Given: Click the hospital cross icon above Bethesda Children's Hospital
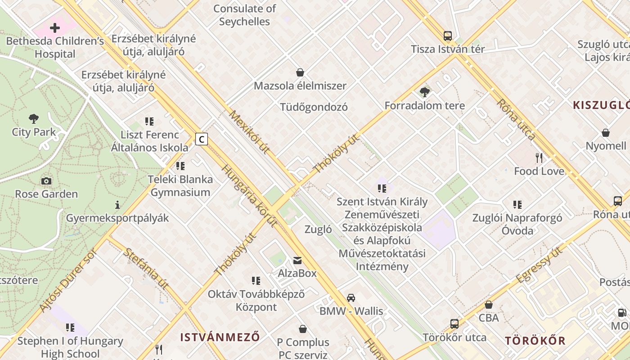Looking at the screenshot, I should click(55, 28).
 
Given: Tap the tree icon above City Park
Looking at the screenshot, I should click(34, 119).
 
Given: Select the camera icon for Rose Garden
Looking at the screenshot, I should click(46, 181).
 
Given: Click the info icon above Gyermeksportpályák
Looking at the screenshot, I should click(117, 205).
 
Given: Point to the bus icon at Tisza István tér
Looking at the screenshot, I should click(447, 36).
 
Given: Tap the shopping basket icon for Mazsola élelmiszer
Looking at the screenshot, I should click(300, 72).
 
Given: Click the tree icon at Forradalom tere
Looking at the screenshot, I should click(424, 93).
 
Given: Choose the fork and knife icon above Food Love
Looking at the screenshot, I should click(539, 157).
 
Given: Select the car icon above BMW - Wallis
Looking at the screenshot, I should click(351, 297).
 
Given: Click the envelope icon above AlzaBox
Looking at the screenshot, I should click(297, 260).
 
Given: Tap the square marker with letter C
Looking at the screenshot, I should click(202, 139).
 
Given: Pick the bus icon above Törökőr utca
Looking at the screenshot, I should click(454, 324).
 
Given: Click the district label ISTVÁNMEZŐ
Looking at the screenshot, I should click(220, 337).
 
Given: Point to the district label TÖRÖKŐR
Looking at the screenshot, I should click(535, 340).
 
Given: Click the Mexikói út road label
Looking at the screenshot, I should click(249, 132).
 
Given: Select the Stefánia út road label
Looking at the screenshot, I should click(146, 268).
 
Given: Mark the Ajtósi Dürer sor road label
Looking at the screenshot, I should click(68, 280).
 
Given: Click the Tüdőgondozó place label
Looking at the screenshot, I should click(314, 107).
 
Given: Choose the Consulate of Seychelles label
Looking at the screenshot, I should click(244, 15).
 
